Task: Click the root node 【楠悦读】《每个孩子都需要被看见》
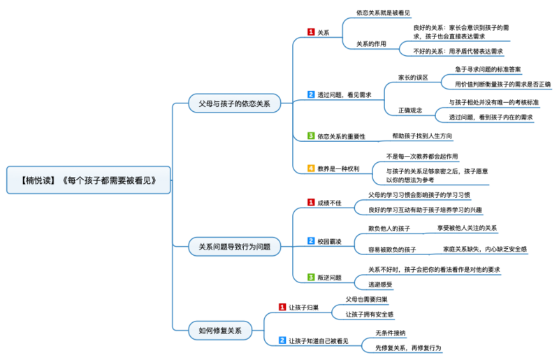[91, 180]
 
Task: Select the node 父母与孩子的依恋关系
[234, 103]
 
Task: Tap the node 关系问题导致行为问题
[234, 246]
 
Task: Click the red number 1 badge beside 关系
[312, 32]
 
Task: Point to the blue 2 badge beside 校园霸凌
[312, 241]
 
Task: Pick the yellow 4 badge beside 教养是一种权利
[312, 168]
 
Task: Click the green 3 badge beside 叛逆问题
[312, 278]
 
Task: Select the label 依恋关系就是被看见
[383, 13]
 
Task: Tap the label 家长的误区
[412, 78]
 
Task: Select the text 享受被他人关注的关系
[467, 228]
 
